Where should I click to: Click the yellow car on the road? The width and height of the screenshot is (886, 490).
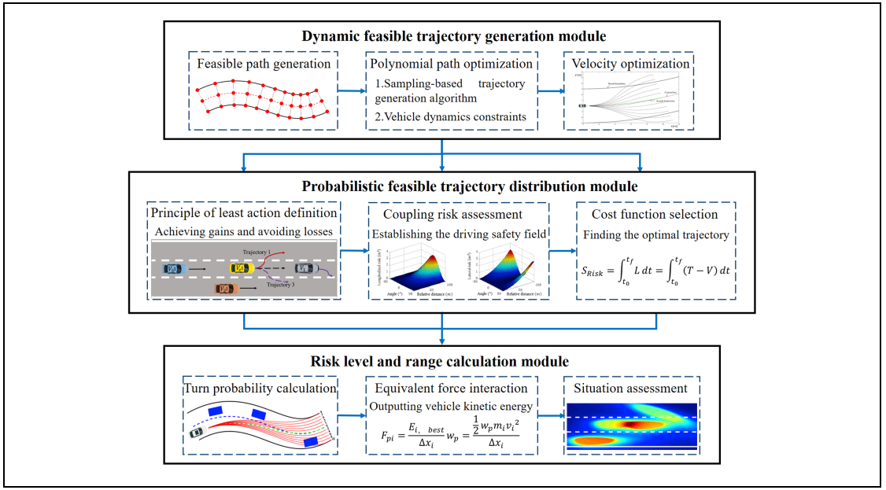click(x=241, y=269)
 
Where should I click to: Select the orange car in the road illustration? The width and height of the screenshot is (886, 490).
click(x=226, y=289)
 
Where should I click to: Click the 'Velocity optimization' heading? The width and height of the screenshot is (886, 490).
click(x=629, y=64)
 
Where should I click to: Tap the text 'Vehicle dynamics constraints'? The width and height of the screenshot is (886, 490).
click(x=449, y=116)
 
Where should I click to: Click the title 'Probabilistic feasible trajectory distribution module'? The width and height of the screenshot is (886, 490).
click(x=441, y=186)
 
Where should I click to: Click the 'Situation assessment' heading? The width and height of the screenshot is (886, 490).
click(x=629, y=387)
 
